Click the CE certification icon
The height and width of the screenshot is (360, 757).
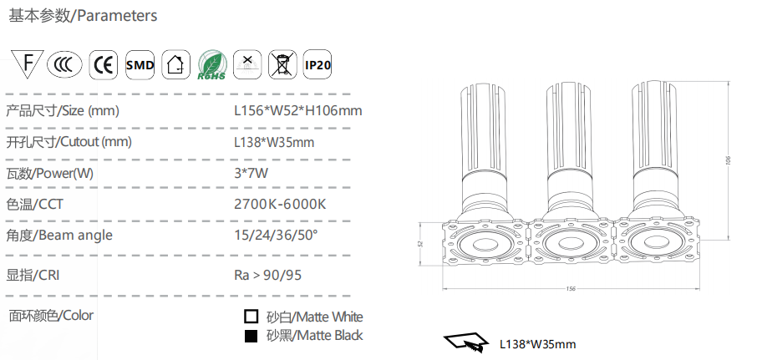(x=104, y=64)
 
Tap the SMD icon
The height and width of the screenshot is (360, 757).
(x=140, y=64)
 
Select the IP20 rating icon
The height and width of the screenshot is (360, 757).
(x=318, y=64)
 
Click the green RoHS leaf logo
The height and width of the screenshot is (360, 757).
(x=212, y=65)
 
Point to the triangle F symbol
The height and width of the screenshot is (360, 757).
(x=28, y=63)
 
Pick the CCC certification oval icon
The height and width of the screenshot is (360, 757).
(x=64, y=64)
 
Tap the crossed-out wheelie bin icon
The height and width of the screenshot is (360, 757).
(x=282, y=64)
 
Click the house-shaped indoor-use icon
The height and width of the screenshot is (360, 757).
(x=175, y=64)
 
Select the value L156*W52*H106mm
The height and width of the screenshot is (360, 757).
(x=298, y=110)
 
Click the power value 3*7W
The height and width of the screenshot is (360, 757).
(x=251, y=173)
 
